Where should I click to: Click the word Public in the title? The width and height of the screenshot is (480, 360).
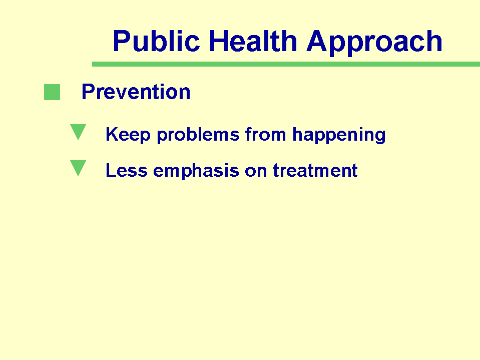click(x=157, y=41)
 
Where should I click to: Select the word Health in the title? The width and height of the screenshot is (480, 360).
click(x=253, y=41)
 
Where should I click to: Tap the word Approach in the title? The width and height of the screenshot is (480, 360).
click(x=374, y=43)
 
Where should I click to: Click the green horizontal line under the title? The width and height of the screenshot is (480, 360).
click(x=286, y=64)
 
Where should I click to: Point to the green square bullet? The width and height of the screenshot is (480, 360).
click(x=52, y=92)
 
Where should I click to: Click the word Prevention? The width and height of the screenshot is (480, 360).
click(x=136, y=92)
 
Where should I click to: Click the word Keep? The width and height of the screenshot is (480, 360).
click(x=128, y=135)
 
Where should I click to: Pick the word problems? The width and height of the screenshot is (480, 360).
click(x=198, y=135)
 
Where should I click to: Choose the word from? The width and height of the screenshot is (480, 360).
click(x=265, y=134)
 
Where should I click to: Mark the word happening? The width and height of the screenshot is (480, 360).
click(x=339, y=135)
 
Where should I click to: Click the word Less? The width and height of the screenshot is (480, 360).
click(x=127, y=170)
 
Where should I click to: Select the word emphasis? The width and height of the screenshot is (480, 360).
click(x=196, y=171)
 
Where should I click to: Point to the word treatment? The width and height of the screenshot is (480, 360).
click(x=315, y=170)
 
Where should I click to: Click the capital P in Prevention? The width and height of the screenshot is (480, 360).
click(x=88, y=91)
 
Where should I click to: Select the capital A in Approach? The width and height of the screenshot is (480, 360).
click(x=317, y=41)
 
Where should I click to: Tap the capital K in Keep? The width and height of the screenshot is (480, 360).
click(x=112, y=134)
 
